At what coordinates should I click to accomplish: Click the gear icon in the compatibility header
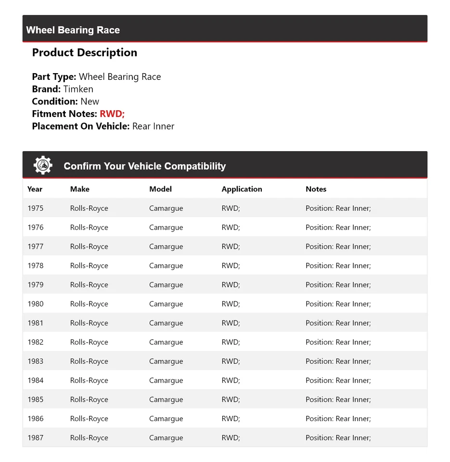coord(43,165)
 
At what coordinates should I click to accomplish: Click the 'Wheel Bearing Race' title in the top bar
coord(73,30)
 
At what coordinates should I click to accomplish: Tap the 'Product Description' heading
coord(85,52)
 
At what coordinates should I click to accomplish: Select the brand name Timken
coord(78,89)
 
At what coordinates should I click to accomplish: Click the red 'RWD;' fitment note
coord(112,114)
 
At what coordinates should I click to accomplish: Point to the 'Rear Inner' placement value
coord(153,126)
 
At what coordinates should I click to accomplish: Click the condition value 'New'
coord(90,102)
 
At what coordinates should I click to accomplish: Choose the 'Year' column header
coord(35,189)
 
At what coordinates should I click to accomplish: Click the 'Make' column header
coord(80,189)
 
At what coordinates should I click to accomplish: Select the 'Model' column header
coord(160,189)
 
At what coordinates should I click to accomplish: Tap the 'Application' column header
coord(242,189)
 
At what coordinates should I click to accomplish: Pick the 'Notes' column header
coord(316,189)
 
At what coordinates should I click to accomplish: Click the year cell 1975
coord(36,208)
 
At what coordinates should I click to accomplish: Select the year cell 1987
coord(36,437)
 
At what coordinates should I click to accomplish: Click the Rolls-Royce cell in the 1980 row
coord(89,304)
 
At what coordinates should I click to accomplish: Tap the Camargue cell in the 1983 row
coord(166,361)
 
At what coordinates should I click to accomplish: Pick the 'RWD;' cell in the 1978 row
coord(231,266)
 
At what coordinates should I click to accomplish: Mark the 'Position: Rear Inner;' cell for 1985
coord(338,399)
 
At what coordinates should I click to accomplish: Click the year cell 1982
coord(36,342)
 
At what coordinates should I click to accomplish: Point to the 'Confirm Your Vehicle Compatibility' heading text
coord(144,166)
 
